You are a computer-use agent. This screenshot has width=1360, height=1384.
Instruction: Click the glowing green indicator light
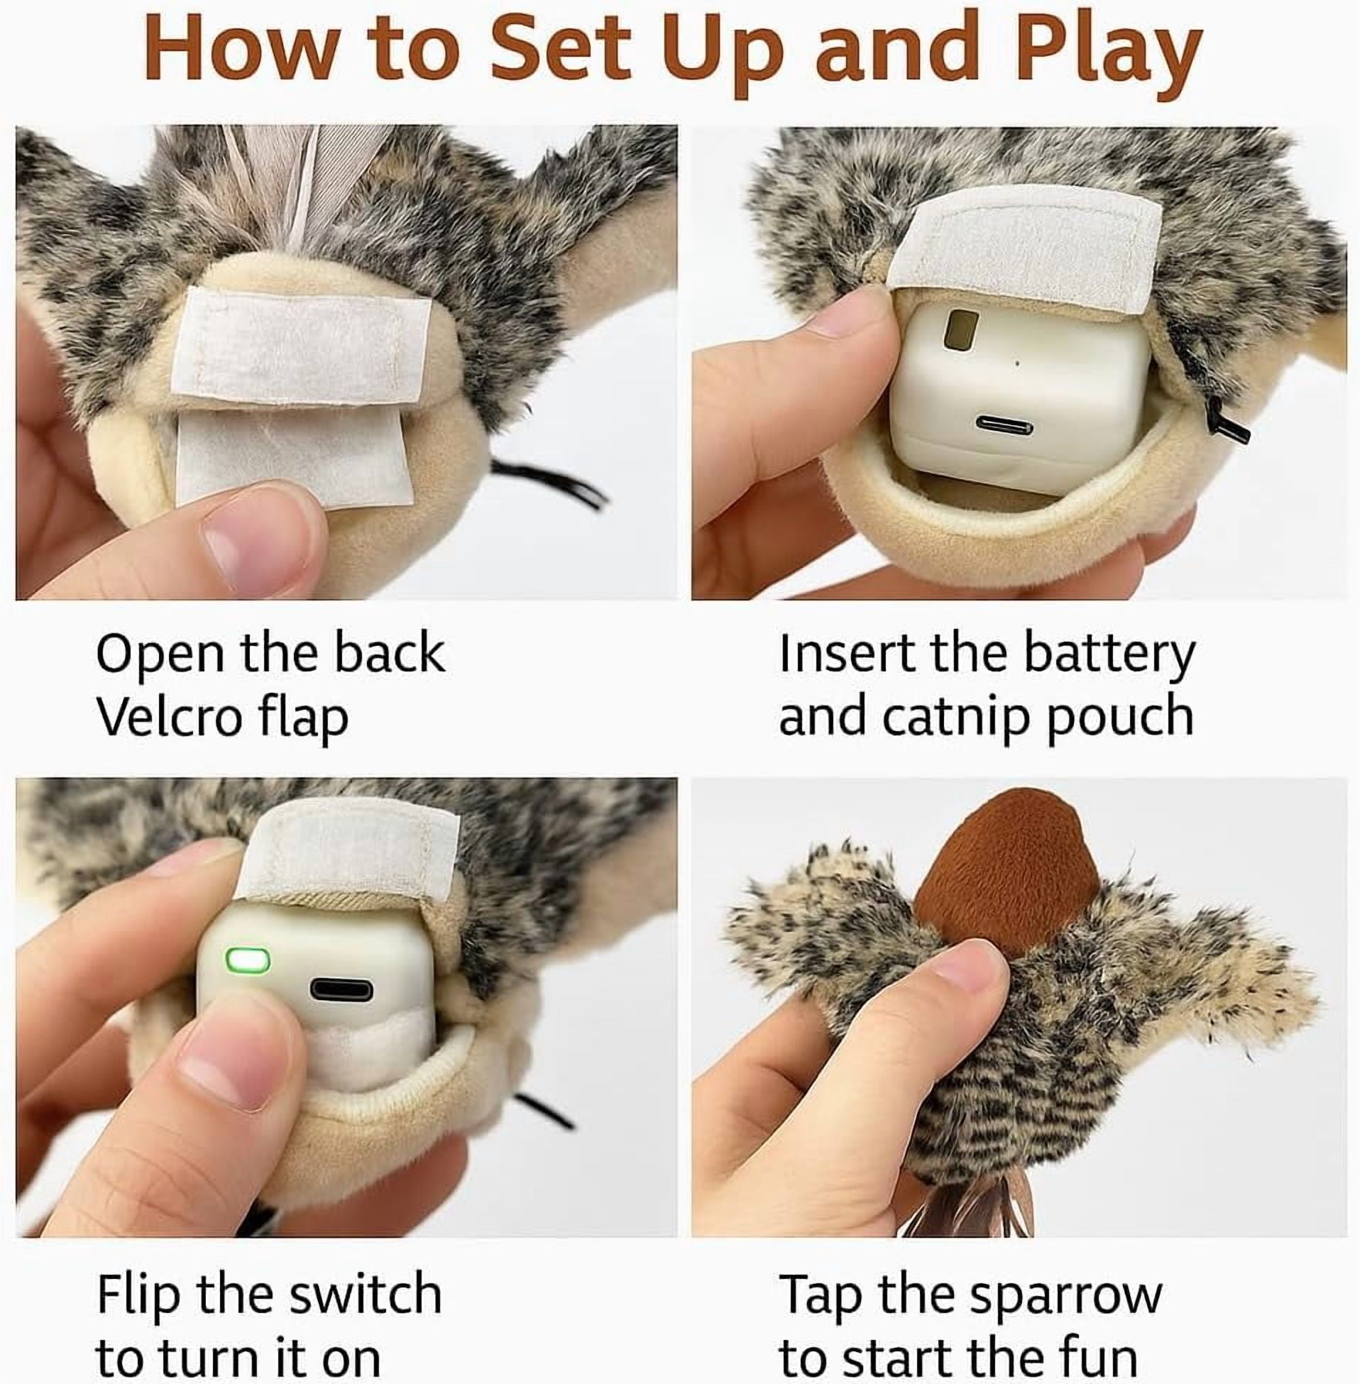click(248, 960)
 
